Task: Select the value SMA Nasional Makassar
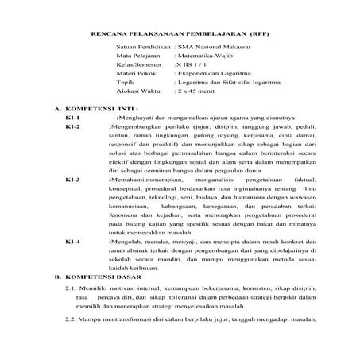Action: point(210,49)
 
